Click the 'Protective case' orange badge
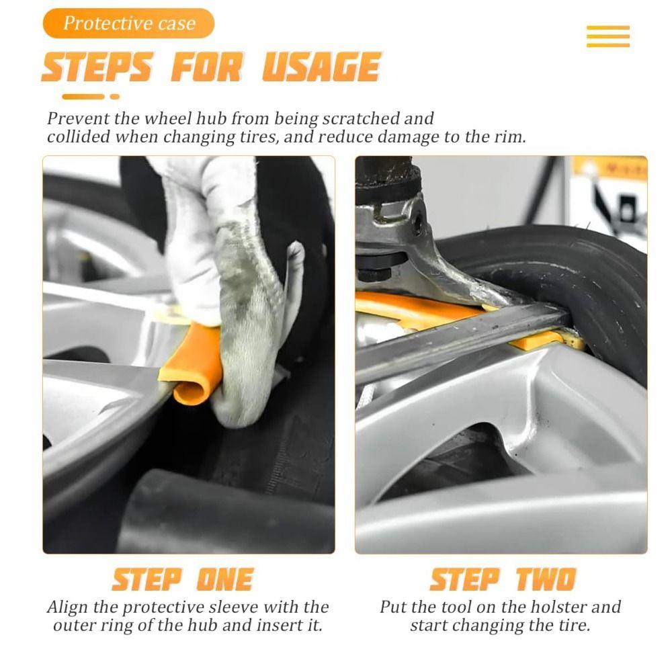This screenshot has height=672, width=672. (128, 24)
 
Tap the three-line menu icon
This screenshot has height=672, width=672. (607, 36)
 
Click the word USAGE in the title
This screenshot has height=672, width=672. (321, 67)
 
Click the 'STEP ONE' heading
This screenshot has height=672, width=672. (182, 579)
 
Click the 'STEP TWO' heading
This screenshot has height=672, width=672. (503, 579)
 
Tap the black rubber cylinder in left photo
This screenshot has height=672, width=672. (222, 514)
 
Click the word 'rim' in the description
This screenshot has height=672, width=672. (509, 137)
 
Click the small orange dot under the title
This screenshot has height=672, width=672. (115, 97)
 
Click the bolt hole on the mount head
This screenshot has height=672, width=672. (417, 222)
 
